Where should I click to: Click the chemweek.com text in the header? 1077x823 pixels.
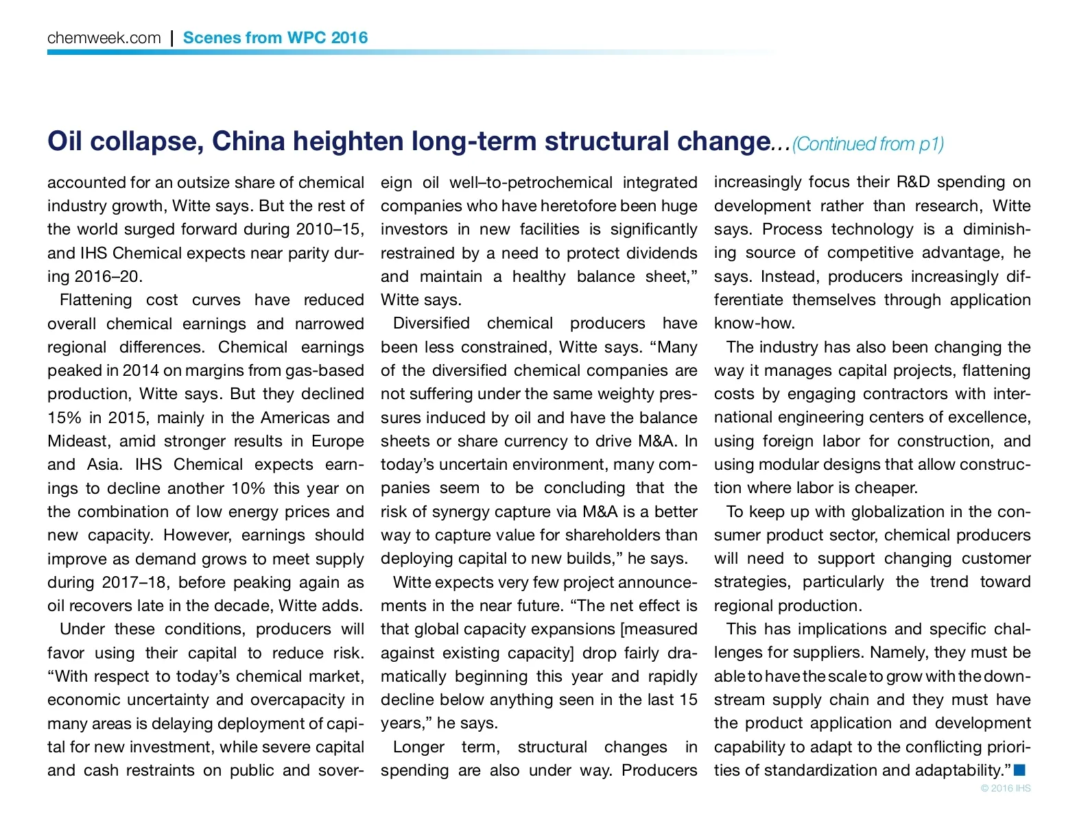pos(104,38)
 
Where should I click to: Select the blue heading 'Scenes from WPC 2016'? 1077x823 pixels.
pos(275,38)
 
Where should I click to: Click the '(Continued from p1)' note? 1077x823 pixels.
pos(868,144)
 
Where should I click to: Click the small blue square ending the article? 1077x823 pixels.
pos(1019,770)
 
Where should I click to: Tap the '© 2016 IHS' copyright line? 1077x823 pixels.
pos(1006,788)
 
